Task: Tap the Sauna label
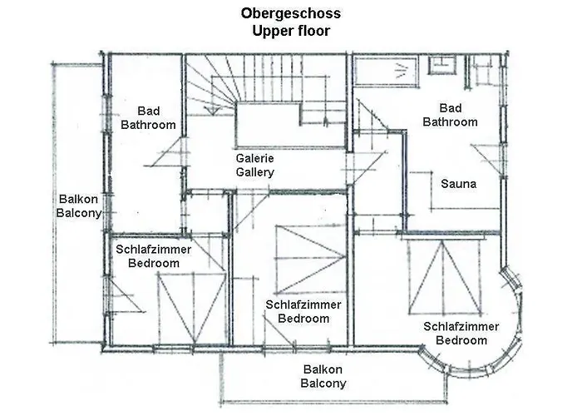458,184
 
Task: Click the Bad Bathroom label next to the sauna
450,115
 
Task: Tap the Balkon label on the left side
78,199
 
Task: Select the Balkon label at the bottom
323,369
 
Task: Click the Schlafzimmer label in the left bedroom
154,249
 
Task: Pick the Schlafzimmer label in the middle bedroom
303,305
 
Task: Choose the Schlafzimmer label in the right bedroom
461,326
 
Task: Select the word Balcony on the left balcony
78,213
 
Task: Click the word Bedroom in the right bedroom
461,340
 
